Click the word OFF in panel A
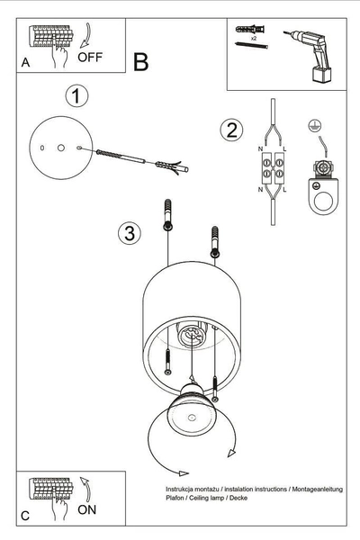click(x=91, y=58)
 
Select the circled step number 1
click(x=77, y=95)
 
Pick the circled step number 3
click(x=130, y=234)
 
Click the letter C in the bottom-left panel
click(x=24, y=516)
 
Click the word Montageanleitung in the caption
click(x=317, y=487)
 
